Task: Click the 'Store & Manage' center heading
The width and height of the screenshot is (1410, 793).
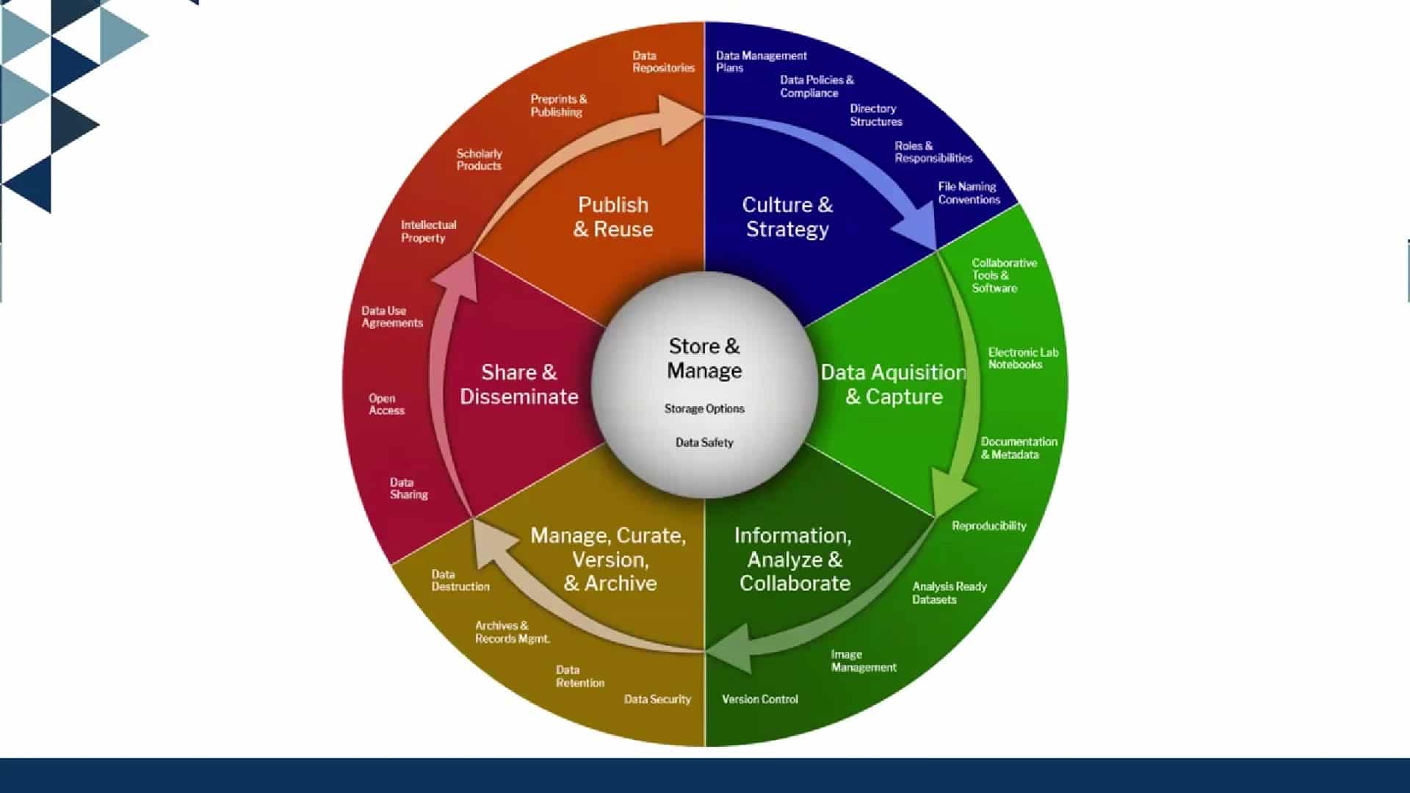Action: coord(704,358)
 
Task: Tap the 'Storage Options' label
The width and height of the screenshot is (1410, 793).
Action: coord(704,408)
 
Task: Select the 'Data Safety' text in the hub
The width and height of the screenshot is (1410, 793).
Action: coord(704,442)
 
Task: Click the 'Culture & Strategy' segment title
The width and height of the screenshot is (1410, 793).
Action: coord(787,217)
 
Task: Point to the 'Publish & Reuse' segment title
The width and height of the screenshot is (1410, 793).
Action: coord(613,217)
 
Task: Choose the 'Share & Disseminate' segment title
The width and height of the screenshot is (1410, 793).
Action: coord(519,384)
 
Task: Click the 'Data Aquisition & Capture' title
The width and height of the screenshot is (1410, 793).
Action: coord(893,384)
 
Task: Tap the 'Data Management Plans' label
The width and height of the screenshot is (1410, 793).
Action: coord(761,62)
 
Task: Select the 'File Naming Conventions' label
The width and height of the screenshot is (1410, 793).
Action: coord(969,193)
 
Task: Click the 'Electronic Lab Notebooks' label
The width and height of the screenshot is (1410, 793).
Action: coord(1022,358)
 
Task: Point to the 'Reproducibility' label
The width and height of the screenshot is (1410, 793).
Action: coord(988,526)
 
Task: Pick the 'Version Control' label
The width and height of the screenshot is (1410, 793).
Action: coord(759,699)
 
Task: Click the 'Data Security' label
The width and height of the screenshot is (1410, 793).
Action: coord(657,699)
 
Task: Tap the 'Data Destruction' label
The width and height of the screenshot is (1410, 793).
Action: coord(460,580)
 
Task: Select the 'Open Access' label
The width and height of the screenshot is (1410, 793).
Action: coord(386,404)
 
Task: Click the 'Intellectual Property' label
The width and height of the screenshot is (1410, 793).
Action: coord(428,231)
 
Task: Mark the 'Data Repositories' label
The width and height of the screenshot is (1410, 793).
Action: coord(663,62)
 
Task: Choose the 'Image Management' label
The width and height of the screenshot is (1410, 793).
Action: coord(863,661)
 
